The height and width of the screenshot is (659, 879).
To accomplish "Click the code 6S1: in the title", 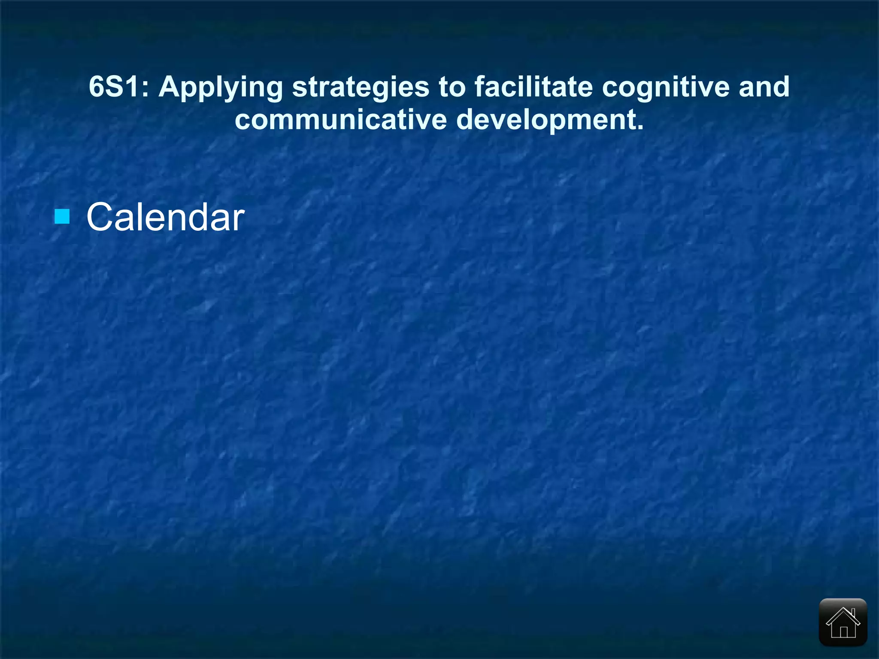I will click(x=118, y=87).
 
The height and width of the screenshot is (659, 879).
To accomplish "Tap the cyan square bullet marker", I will click(x=62, y=216).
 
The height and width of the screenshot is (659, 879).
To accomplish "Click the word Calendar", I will click(x=165, y=218).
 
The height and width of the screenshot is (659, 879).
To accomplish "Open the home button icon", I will click(x=843, y=622).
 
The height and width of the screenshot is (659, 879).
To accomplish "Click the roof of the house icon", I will click(x=843, y=614).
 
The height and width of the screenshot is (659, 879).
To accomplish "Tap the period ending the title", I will click(x=640, y=128).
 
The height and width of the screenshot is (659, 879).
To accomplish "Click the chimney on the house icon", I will click(x=853, y=612).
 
